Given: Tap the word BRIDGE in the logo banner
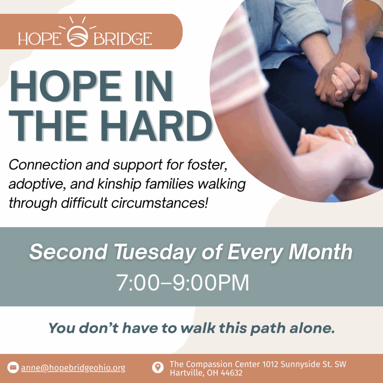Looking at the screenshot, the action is point(123,39).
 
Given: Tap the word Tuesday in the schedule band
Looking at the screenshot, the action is point(154,252).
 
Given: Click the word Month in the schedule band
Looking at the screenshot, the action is point(320,252).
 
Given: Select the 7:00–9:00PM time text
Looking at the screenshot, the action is point(182,283).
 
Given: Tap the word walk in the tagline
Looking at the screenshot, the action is point(198,328).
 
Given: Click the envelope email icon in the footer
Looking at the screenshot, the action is point(13,367).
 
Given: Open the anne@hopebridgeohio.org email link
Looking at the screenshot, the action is point(73,368).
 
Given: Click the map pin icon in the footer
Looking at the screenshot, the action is point(158,367).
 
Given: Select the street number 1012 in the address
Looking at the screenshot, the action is point(270,364).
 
